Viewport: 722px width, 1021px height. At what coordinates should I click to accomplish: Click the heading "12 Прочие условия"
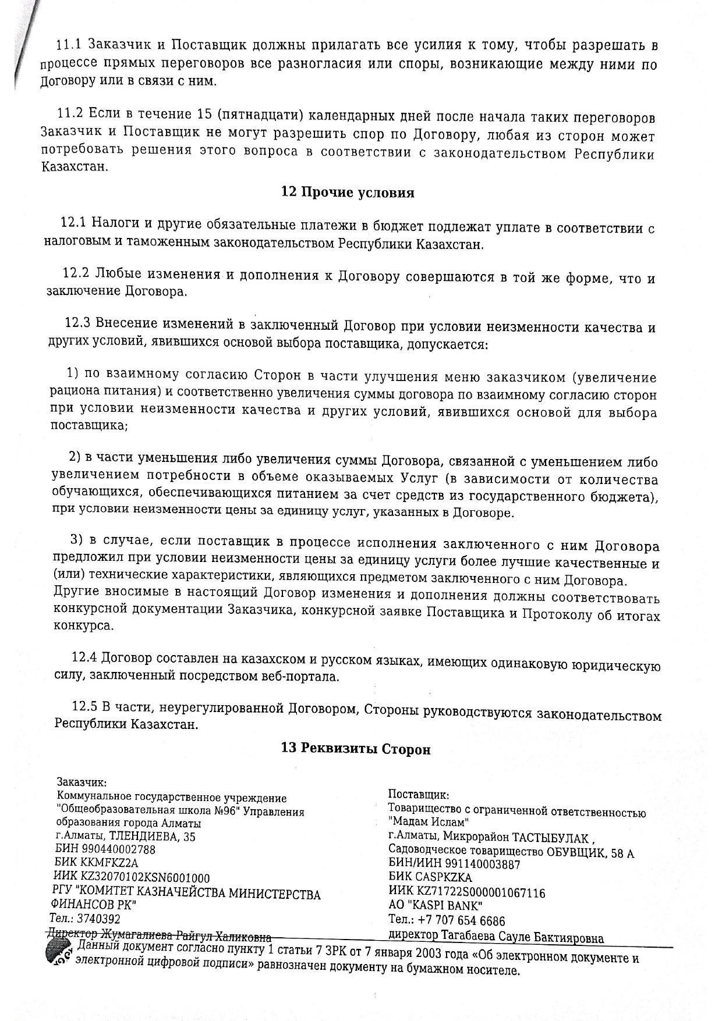point(348,193)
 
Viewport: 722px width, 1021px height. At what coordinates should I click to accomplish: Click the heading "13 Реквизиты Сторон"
point(356,749)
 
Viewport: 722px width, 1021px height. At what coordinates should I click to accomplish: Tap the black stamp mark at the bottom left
point(59,954)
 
